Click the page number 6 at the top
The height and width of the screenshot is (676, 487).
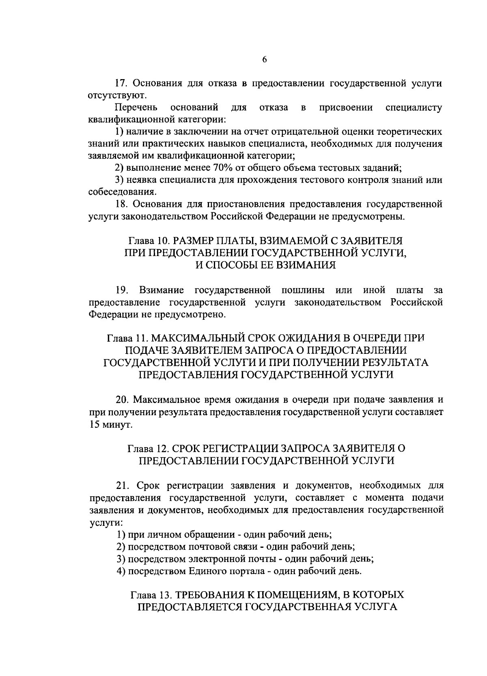coord(264,59)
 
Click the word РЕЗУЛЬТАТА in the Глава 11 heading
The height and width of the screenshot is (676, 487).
coord(389,362)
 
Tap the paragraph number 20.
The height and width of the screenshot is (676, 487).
coord(123,399)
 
